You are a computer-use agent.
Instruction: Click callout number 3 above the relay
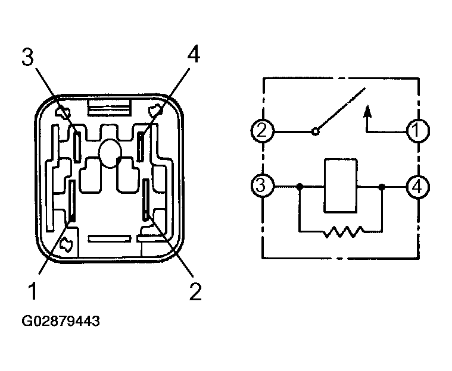click(x=27, y=57)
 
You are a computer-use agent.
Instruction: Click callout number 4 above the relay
click(x=194, y=54)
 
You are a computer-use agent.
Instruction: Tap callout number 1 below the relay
click(x=32, y=291)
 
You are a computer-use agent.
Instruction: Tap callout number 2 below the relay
click(x=195, y=291)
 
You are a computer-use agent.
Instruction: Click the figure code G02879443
click(x=61, y=321)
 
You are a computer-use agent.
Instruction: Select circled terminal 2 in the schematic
click(x=262, y=131)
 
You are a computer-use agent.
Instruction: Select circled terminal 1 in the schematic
click(x=417, y=131)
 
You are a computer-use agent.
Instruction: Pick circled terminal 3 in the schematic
click(x=262, y=185)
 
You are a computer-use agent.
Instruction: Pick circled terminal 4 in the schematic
click(x=417, y=187)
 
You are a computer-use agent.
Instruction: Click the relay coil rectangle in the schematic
click(x=341, y=185)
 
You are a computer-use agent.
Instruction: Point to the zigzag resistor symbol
click(x=343, y=232)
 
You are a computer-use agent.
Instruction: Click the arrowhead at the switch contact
click(x=367, y=111)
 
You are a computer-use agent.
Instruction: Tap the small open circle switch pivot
click(x=316, y=132)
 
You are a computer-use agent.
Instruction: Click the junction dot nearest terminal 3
click(x=300, y=187)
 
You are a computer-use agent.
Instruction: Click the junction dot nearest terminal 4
click(x=382, y=187)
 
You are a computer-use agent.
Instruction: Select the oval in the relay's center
click(x=110, y=153)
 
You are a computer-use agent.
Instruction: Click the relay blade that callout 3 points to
click(x=77, y=146)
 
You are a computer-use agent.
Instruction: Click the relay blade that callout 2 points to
click(x=146, y=199)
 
